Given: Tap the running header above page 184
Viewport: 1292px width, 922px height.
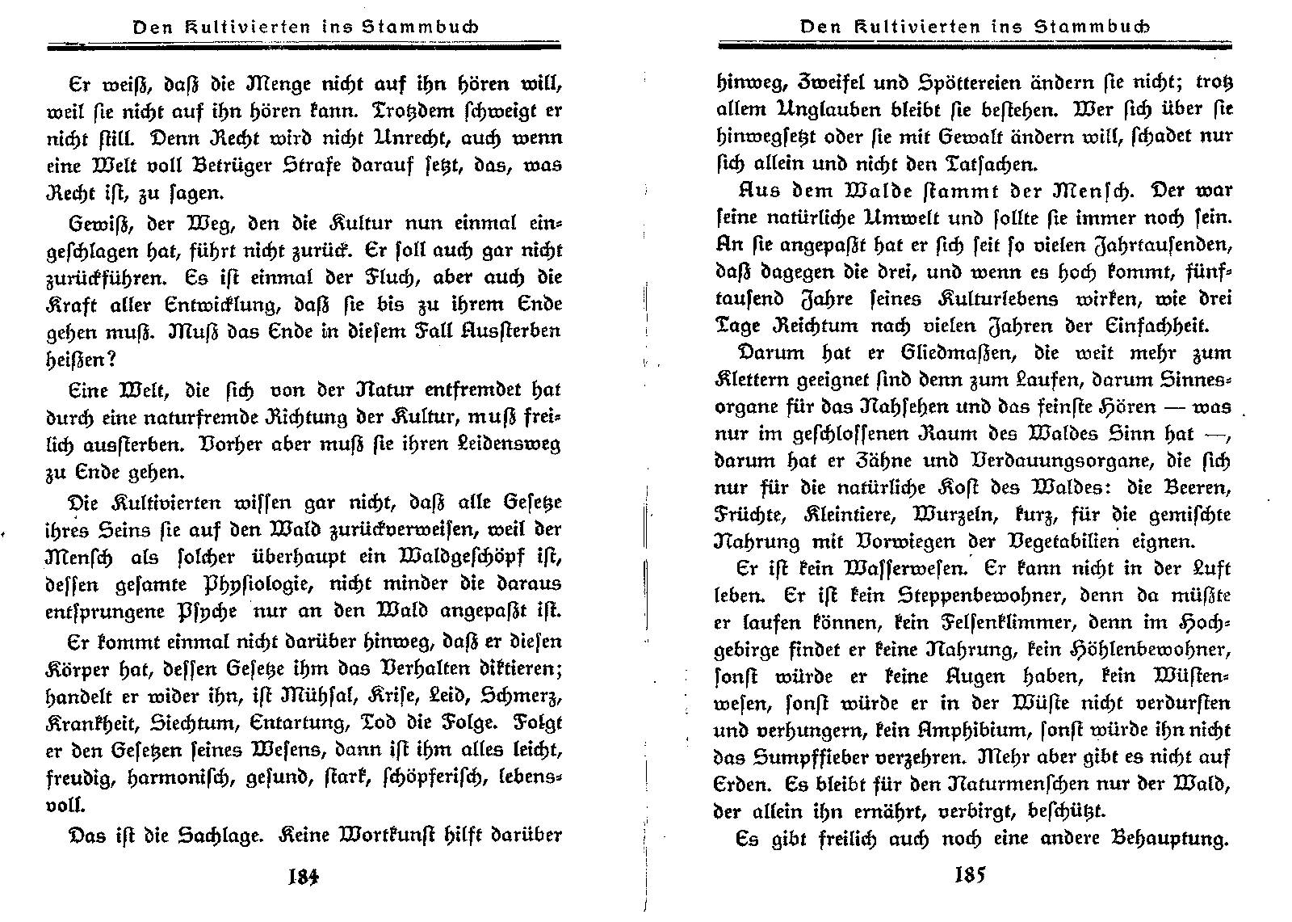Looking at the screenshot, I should point(305,27).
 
